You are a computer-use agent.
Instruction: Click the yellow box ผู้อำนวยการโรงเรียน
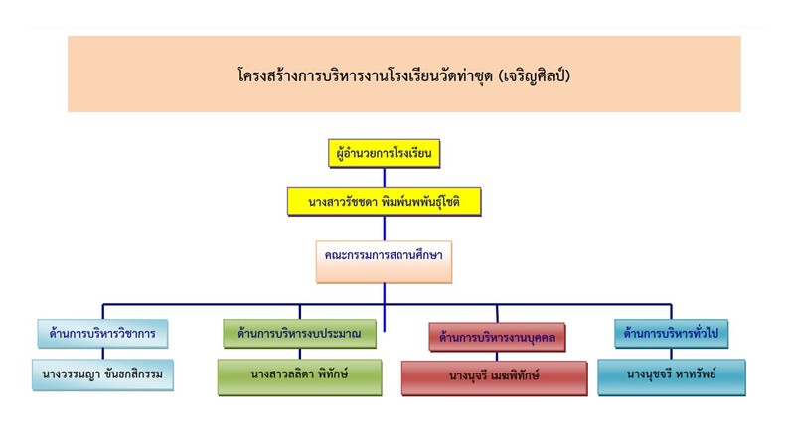385,154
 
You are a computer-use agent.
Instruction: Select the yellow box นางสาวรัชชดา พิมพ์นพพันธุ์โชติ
385,202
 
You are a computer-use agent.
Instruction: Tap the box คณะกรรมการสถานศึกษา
385,255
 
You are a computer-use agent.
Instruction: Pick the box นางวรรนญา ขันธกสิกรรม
102,375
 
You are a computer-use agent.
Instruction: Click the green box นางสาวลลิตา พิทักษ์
299,375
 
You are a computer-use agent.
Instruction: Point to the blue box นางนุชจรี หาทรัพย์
671,375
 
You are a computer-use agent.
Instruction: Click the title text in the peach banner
403,74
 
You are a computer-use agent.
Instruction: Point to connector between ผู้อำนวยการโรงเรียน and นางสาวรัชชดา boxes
385,177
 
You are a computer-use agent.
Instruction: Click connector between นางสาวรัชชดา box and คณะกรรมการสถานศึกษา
385,227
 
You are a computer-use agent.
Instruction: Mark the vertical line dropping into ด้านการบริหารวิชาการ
102,311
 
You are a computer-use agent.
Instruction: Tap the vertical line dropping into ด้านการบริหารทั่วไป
671,311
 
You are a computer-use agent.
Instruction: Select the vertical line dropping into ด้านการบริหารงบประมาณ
299,311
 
